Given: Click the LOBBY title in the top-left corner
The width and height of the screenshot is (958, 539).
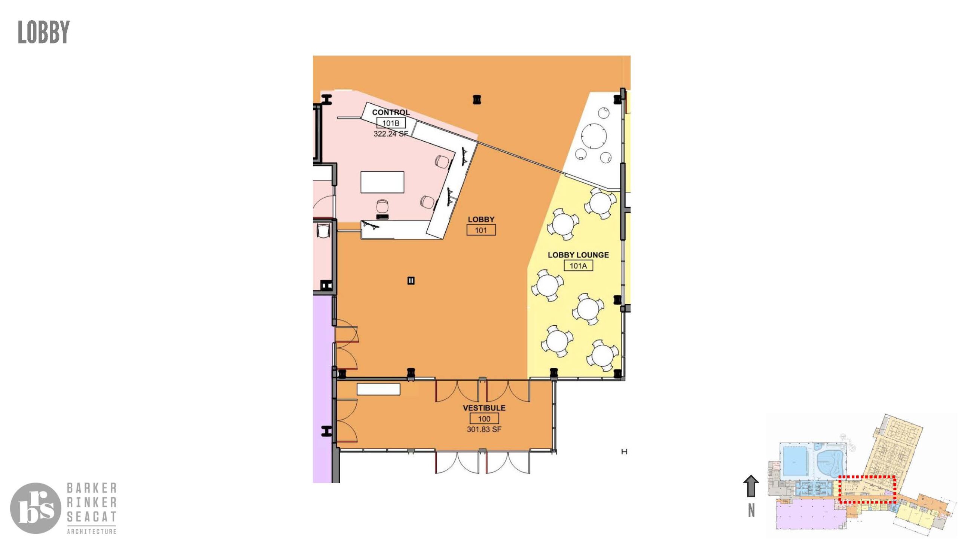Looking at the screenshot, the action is tap(44, 32).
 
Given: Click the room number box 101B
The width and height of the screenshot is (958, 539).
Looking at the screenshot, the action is tap(391, 123).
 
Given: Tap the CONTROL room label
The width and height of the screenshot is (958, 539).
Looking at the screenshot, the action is tap(391, 112).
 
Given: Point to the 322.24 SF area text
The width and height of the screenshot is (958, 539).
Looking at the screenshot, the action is tap(391, 134).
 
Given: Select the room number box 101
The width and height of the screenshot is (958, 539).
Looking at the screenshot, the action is tap(481, 230).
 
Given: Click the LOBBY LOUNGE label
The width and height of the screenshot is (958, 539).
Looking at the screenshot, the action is tap(578, 255).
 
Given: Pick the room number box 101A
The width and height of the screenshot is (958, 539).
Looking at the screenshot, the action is tap(578, 266).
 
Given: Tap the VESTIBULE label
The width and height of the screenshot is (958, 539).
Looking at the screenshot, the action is tap(484, 408).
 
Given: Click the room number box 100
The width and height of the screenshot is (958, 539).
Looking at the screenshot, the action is tap(484, 419).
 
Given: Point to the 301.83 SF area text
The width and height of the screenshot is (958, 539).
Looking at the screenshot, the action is tap(484, 429).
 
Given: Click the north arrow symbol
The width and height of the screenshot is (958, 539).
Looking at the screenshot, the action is tap(751, 486).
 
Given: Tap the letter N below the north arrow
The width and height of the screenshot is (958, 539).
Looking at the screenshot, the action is tap(751, 511).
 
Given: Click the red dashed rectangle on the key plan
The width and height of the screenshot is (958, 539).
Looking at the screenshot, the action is tap(867, 477).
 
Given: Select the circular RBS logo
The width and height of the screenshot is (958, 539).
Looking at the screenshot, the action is tap(36, 508).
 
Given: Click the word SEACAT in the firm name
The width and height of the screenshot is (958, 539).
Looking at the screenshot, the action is tap(92, 517).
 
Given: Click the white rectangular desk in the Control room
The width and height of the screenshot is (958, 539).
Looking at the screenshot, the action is tap(382, 182).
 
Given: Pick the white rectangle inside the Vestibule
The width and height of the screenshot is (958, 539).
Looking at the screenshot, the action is tap(378, 389).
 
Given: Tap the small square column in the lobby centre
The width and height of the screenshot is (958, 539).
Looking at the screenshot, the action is tap(411, 281).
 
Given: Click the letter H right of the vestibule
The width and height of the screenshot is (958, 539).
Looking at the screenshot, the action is tap(624, 452).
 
